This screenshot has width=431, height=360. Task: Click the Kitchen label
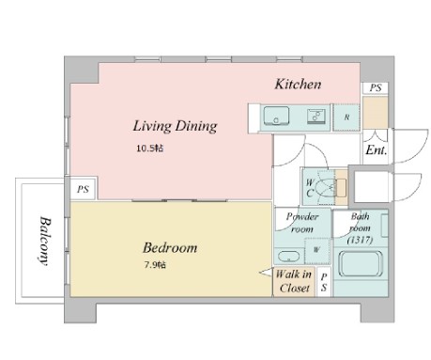click(298, 85)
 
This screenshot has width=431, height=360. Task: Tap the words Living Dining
click(175, 126)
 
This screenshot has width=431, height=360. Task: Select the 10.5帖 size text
click(149, 148)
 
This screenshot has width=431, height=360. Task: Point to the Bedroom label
click(170, 248)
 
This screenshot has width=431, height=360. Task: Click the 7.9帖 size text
click(155, 265)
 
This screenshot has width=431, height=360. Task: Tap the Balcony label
click(44, 241)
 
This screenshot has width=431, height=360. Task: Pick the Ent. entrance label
click(377, 150)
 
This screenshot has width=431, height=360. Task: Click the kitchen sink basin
click(276, 116)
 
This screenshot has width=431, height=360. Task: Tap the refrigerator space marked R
click(346, 117)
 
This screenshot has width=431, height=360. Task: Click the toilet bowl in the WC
click(325, 188)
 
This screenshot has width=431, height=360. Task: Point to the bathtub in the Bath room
click(360, 264)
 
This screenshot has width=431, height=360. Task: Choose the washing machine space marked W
click(316, 250)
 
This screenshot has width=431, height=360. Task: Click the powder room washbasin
click(288, 257)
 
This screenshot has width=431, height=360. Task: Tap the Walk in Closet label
click(294, 281)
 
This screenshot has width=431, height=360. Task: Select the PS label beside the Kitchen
click(376, 87)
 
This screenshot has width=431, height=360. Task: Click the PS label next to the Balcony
click(83, 189)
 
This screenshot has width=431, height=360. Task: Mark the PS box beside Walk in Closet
click(324, 281)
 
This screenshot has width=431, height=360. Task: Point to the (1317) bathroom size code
click(360, 241)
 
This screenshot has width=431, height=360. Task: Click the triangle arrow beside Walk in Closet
click(266, 273)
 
